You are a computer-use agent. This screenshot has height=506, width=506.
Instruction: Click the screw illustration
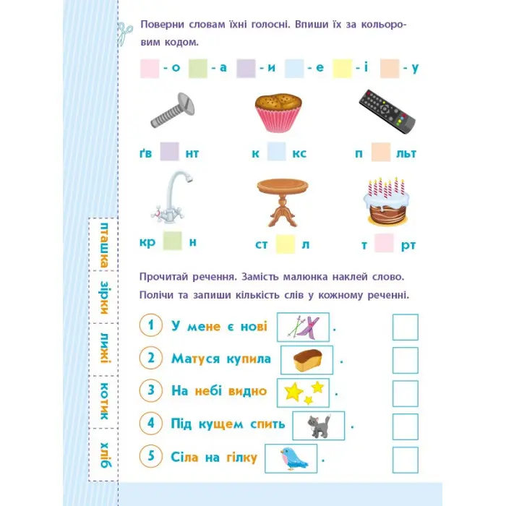click(173, 111)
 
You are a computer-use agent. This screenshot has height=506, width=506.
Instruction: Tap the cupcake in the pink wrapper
click(278, 113)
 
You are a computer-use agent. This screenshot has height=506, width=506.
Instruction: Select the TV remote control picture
click(387, 111)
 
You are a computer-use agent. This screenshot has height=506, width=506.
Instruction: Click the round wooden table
click(283, 202)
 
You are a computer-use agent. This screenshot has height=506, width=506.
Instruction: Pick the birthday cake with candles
click(387, 202)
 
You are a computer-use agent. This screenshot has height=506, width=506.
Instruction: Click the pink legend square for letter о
click(150, 69)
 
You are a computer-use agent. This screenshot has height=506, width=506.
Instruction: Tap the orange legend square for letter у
click(390, 69)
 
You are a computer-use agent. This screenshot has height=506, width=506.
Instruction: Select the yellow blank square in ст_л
click(286, 244)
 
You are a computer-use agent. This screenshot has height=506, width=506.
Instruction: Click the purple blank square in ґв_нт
click(170, 152)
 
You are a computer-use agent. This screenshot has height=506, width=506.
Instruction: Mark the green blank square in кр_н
click(173, 241)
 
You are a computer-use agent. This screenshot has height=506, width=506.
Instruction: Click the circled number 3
click(151, 390)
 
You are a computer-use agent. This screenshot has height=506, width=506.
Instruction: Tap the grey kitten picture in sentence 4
click(319, 426)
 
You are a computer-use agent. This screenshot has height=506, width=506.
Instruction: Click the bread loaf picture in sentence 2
click(307, 360)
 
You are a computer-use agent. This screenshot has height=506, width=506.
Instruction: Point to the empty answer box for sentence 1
click(406, 327)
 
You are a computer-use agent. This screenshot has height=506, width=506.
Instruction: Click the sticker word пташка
click(104, 245)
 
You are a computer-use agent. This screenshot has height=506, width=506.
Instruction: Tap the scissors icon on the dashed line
click(124, 33)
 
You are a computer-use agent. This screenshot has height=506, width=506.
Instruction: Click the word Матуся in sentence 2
click(196, 359)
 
